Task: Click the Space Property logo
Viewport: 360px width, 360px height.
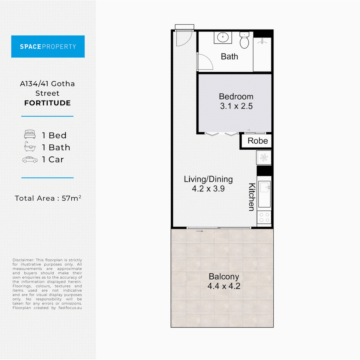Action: pos(48,46)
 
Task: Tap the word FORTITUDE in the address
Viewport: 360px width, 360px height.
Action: pos(48,103)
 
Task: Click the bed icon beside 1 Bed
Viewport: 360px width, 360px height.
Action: pos(30,134)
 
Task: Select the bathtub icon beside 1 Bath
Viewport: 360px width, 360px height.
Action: pos(30,146)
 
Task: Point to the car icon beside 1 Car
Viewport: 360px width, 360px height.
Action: pos(30,160)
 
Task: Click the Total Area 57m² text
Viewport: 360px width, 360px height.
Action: pos(48,198)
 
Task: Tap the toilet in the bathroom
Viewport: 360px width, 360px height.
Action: pos(244,40)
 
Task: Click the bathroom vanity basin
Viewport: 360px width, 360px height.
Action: pos(223,37)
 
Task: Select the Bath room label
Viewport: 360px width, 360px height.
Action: pos(229,56)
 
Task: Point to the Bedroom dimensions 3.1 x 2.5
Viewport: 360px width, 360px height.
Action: pos(236,106)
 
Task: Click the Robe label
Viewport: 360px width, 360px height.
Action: pos(258,141)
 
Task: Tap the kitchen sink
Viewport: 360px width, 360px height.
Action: pos(264,194)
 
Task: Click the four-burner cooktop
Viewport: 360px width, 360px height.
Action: pos(264,217)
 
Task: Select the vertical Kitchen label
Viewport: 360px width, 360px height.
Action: pos(252,197)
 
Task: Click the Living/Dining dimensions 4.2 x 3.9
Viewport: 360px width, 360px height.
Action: pos(208,189)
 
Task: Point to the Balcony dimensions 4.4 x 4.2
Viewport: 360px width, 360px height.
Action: pos(224,286)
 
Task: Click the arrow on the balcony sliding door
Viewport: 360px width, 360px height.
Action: pos(200,231)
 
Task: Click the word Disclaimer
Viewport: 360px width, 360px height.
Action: pos(23,260)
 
